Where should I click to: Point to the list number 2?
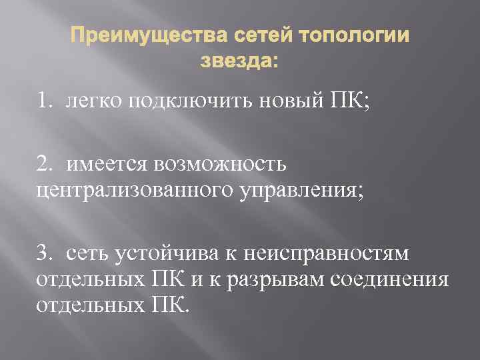(x=44, y=163)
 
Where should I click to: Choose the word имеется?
(x=105, y=163)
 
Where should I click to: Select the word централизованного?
(x=126, y=191)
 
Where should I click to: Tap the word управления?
(x=294, y=191)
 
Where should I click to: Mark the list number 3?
(x=44, y=253)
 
